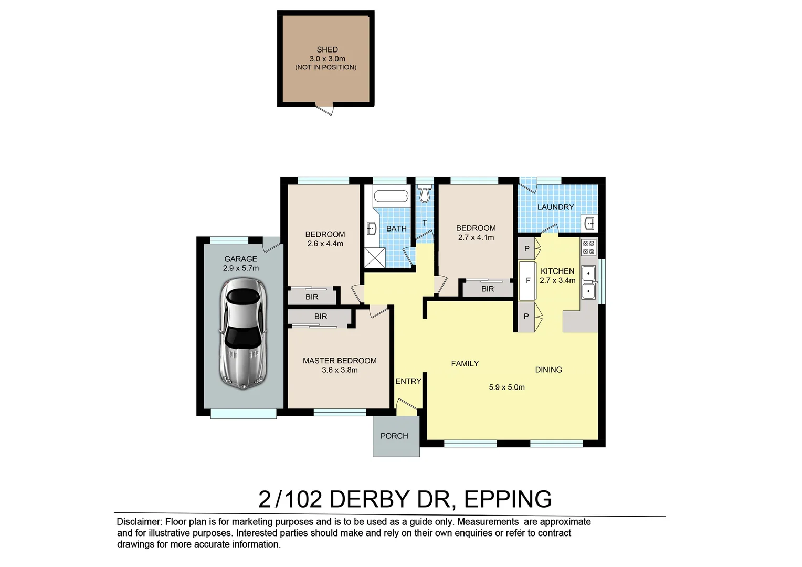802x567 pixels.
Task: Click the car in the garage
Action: tap(243, 334)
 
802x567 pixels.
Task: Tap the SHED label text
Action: tap(327, 49)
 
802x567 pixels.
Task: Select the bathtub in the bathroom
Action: tap(391, 196)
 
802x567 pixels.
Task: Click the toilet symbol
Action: tap(425, 193)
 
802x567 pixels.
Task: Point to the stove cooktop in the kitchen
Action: tap(588, 247)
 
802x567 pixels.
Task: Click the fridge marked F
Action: tap(527, 281)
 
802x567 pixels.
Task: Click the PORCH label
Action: tap(394, 436)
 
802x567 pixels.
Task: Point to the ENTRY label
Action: tap(408, 381)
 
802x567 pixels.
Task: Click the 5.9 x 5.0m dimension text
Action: tap(506, 387)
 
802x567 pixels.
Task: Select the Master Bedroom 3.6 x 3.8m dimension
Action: tap(340, 370)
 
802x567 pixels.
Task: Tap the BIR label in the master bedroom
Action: tap(321, 316)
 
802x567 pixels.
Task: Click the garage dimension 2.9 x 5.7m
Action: tap(240, 268)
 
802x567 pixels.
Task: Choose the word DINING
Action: tap(548, 370)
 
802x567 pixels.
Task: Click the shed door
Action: tap(324, 109)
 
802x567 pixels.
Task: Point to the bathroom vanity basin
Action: tap(372, 228)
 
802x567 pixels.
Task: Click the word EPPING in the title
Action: tap(508, 499)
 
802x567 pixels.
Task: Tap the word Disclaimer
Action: tap(139, 521)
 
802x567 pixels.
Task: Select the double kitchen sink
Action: tap(588, 282)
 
